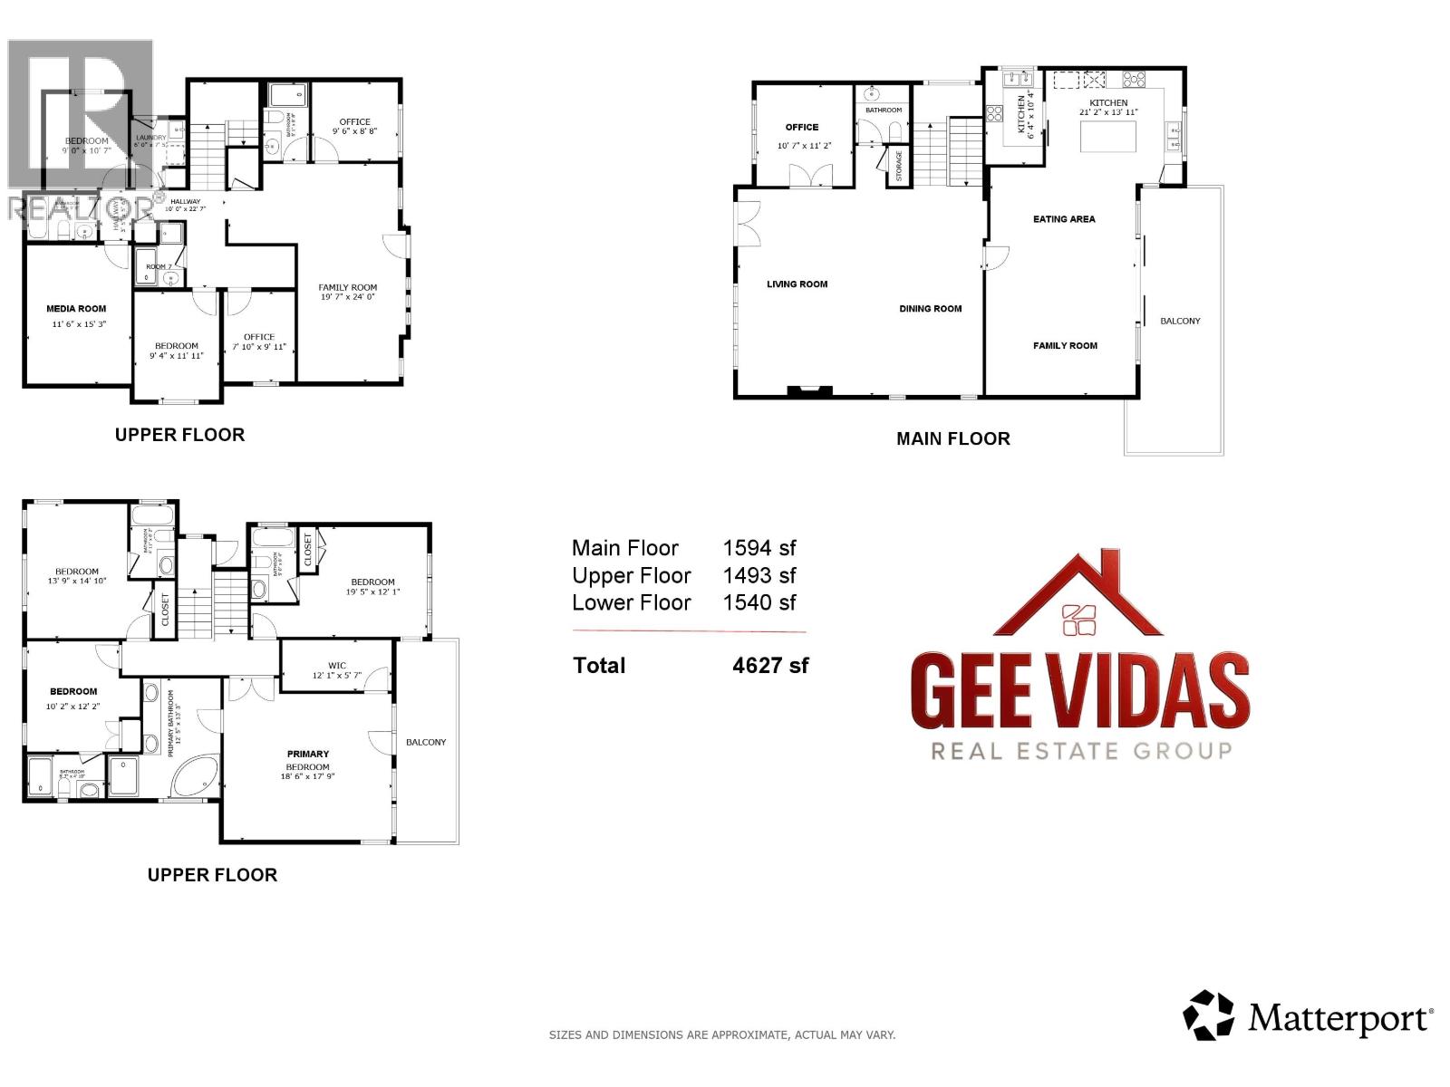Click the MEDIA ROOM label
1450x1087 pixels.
(76, 309)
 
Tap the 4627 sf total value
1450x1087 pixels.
(769, 666)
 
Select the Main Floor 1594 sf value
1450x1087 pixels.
(759, 548)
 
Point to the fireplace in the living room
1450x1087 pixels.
(809, 391)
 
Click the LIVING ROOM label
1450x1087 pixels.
(797, 284)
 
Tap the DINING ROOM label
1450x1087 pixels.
(930, 309)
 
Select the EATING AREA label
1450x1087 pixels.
(1064, 219)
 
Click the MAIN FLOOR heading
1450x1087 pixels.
(952, 438)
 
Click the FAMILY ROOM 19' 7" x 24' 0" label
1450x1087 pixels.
(347, 292)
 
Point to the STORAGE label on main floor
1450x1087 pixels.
(898, 166)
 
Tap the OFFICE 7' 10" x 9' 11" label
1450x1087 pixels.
(258, 341)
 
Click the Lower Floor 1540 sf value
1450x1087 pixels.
(759, 602)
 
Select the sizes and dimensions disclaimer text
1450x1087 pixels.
(721, 1034)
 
